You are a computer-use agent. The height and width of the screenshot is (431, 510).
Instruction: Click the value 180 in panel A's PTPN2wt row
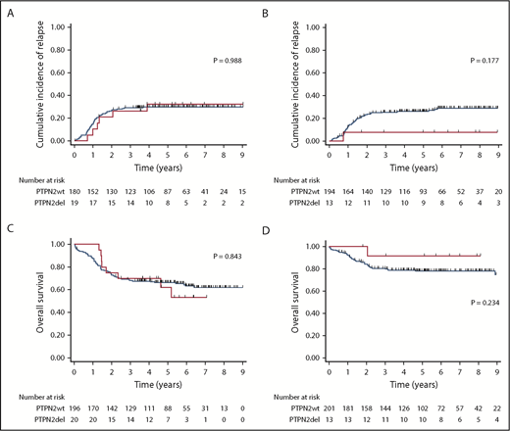point(75,190)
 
